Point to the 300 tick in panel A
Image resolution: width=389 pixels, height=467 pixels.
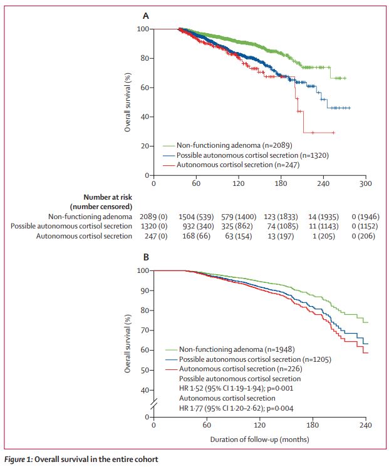point(366,184)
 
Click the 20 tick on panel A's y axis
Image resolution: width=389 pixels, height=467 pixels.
point(143,146)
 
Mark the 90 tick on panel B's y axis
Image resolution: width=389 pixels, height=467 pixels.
point(143,290)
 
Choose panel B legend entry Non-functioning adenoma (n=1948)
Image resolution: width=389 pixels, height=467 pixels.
point(231,349)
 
